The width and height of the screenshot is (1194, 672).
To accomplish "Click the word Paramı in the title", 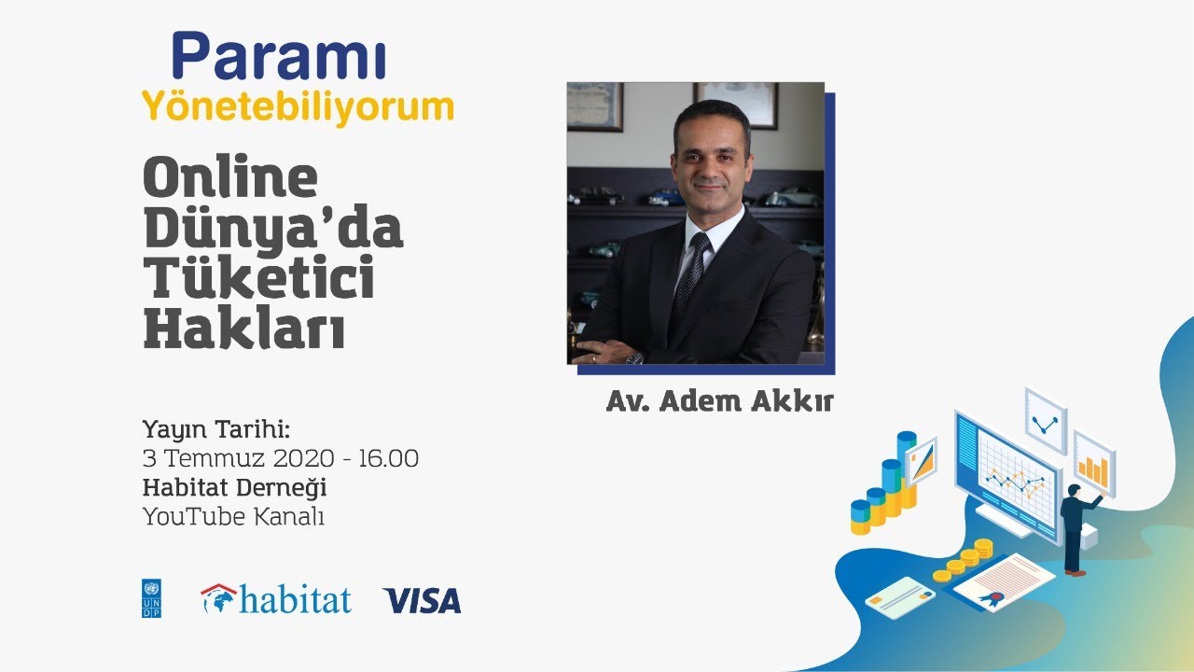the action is tap(278, 56).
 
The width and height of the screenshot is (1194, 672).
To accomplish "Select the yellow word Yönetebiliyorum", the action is tap(298, 108).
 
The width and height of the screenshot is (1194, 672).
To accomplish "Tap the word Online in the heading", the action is tap(230, 176).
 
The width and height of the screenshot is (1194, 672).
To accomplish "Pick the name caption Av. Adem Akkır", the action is tap(719, 401).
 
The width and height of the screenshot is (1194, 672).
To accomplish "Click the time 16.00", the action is tap(388, 458).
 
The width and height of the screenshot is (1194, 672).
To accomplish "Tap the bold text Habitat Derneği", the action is tap(234, 488).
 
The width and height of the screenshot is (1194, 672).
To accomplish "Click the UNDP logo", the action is tap(151, 598).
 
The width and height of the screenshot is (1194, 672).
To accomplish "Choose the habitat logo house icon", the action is tap(218, 598).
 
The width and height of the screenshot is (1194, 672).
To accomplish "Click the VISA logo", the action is tap(422, 600).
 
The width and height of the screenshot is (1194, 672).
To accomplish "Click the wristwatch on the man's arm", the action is tap(634, 358).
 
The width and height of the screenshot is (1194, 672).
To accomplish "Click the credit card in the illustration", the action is tap(900, 596).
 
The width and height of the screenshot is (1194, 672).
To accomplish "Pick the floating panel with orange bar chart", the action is tap(1094, 464).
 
